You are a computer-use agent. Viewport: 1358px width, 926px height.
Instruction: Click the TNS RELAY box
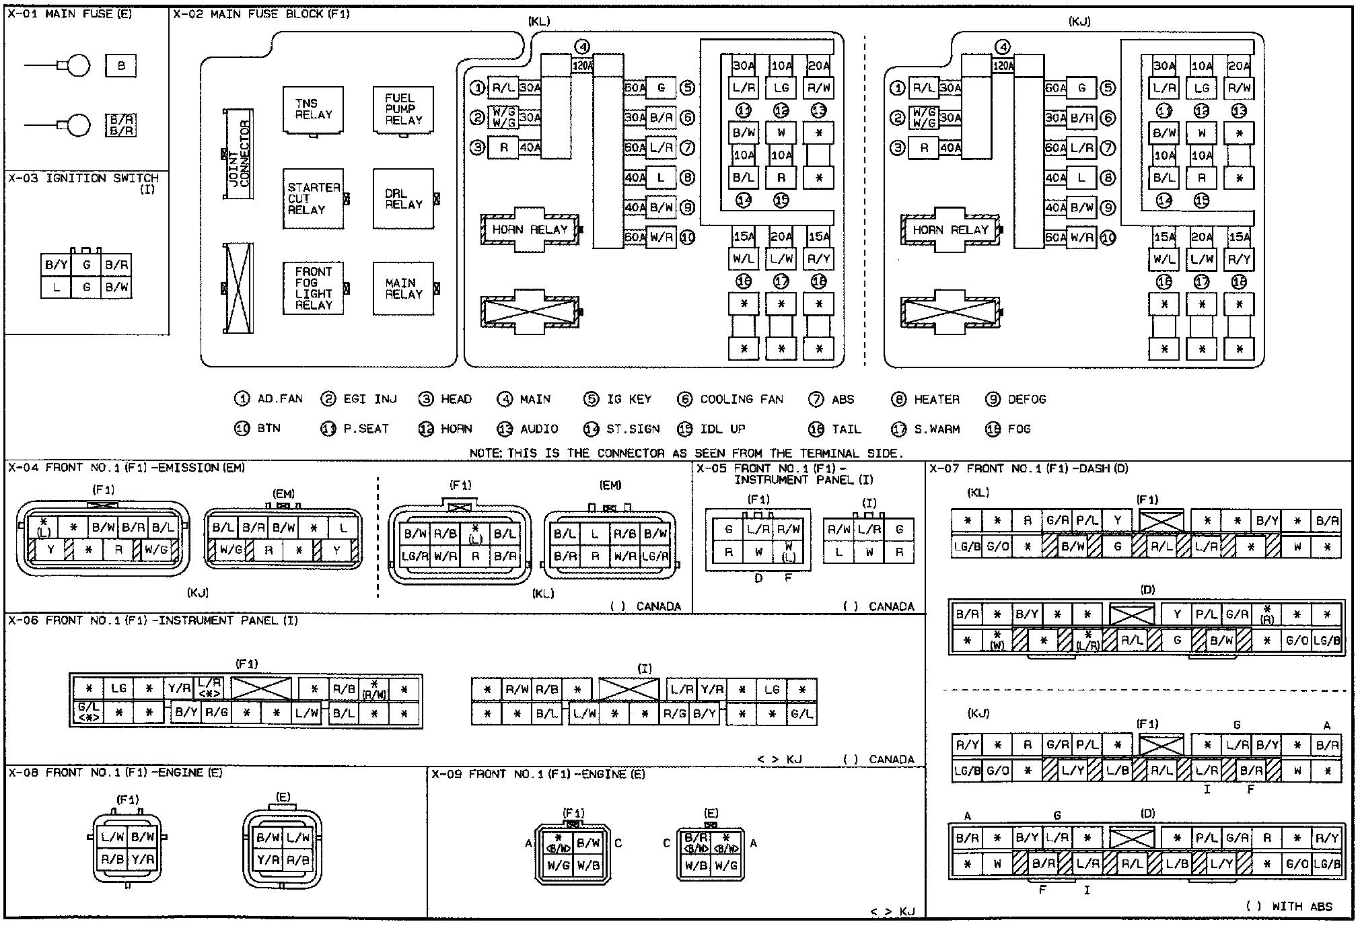pos(313,110)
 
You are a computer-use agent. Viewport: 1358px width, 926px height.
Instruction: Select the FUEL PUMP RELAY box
pos(403,110)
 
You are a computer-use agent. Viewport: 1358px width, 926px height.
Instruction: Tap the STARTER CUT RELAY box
pos(313,199)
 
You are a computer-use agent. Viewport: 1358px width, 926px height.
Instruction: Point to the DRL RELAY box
pos(403,199)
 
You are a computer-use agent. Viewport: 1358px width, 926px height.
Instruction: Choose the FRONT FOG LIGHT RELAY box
pos(313,288)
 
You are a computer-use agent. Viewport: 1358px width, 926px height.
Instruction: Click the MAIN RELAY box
pos(403,288)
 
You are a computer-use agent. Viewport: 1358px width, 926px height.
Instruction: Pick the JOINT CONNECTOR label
pos(239,154)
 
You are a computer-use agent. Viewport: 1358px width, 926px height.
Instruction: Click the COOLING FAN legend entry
pos(741,400)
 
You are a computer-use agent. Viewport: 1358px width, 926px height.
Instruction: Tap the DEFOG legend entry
pos(1026,400)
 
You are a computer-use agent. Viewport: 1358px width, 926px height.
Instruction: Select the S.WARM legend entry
pos(936,429)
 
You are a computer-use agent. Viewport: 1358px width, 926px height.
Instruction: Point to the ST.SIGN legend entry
pos(632,429)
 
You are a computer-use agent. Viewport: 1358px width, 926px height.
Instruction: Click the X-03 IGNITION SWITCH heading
pos(83,179)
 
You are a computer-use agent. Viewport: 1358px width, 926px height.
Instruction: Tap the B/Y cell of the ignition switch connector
pos(56,265)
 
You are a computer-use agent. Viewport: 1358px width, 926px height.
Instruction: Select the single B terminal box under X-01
pos(121,66)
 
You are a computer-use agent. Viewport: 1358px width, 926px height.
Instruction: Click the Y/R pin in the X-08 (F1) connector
pos(143,859)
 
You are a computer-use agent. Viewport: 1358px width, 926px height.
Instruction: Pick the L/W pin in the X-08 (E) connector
pos(297,838)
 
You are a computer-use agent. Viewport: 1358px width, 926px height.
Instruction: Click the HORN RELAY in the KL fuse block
pos(530,230)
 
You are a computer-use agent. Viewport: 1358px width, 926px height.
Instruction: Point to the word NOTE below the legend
pos(485,454)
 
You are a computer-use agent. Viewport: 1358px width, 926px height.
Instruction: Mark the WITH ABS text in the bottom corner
pos(1301,906)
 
